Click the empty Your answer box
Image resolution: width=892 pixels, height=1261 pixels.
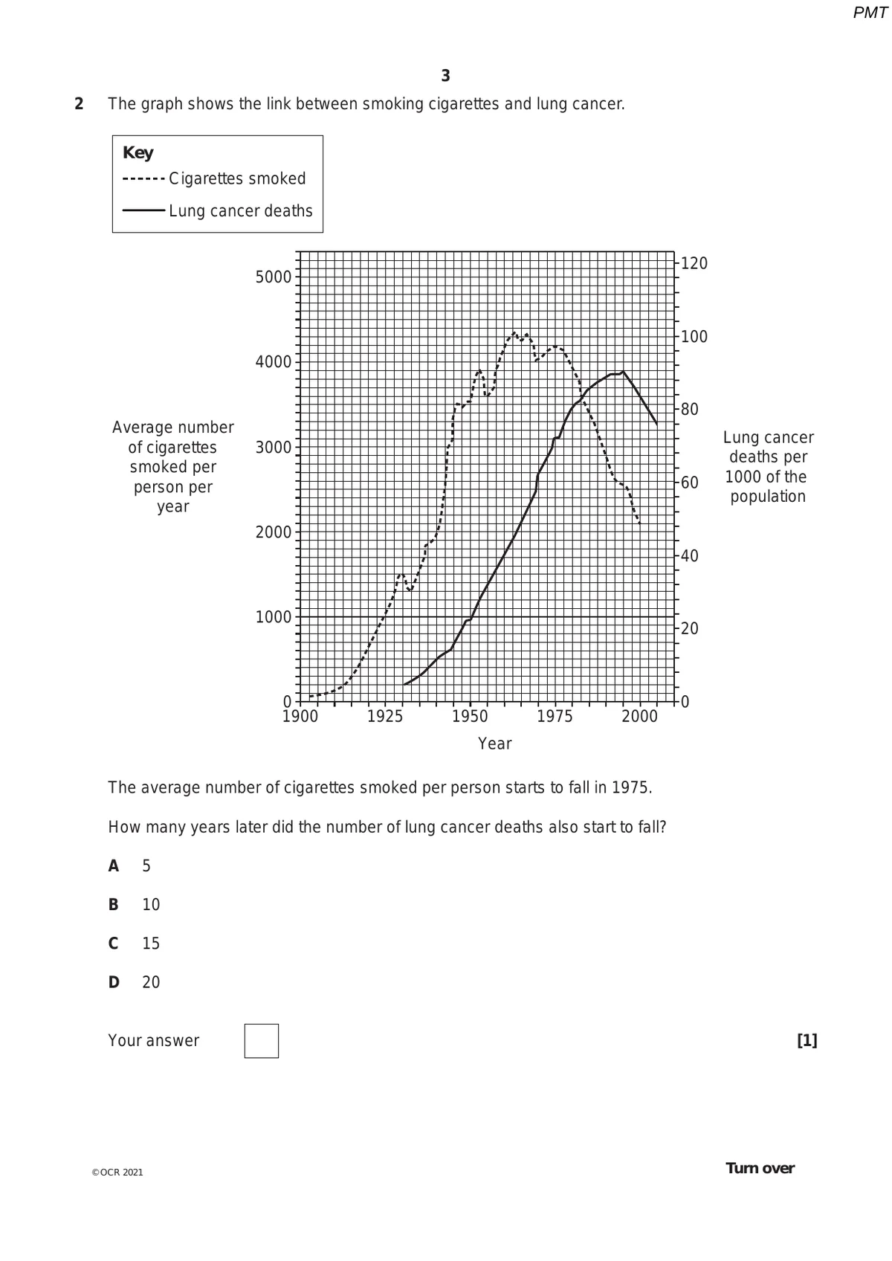pos(261,1040)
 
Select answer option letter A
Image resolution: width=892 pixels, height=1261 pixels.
pos(114,865)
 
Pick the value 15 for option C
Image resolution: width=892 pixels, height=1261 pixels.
pos(151,944)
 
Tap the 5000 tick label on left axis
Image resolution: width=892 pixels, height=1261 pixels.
pos(274,277)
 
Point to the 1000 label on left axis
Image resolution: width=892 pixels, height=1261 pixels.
pos(274,617)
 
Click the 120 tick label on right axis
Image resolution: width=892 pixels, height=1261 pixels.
pos(694,263)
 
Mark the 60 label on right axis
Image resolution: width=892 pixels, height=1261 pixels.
pos(690,483)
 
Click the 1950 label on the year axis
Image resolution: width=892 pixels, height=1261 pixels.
pos(470,717)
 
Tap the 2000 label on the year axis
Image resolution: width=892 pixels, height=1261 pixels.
pos(639,717)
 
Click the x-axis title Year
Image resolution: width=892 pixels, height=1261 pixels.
pos(495,744)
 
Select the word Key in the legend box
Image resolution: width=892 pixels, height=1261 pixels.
pos(138,152)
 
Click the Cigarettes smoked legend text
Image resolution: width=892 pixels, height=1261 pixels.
pos(237,178)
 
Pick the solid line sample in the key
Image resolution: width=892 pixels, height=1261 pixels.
pos(143,210)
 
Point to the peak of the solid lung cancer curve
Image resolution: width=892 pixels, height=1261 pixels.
pos(623,372)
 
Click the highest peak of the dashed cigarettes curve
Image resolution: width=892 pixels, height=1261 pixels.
pos(514,332)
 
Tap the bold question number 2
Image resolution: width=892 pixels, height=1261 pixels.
pos(79,104)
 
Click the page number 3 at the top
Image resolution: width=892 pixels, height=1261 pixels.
pos(445,76)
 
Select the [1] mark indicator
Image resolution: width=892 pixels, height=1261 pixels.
pos(807,1040)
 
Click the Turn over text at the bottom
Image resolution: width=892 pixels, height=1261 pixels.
pos(760,1168)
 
